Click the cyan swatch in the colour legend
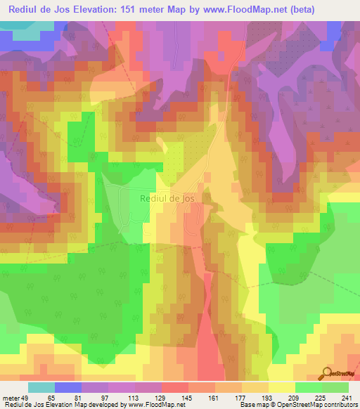click(x=41, y=388)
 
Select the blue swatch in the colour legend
click(x=68, y=388)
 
